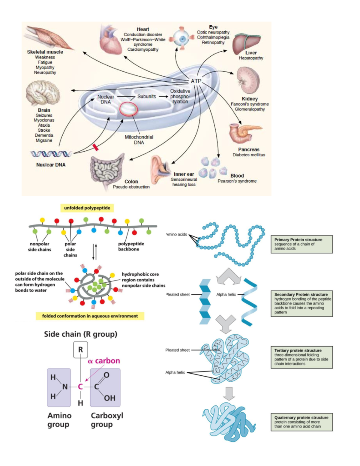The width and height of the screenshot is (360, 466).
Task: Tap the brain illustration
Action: point(43,93)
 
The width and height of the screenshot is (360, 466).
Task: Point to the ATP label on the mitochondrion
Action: point(196,81)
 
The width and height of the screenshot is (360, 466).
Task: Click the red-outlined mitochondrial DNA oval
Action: point(128,109)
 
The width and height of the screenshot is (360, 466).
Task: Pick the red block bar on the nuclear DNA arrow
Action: point(95,147)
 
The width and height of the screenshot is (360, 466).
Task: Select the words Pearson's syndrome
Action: point(237,181)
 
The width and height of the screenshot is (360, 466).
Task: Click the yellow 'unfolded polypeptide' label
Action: point(87,208)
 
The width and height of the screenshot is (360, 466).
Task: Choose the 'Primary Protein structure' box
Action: point(301,244)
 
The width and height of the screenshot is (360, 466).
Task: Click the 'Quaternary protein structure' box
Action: point(301,422)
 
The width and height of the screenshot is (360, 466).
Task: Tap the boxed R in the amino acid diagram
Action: point(80,350)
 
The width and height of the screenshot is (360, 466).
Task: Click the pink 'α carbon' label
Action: point(104,361)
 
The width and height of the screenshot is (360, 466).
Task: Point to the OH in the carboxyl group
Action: point(109,398)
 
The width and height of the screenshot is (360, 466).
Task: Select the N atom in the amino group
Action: point(64,387)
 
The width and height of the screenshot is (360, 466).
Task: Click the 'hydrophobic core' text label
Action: point(140,274)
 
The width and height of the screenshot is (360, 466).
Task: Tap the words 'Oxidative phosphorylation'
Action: point(180,96)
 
